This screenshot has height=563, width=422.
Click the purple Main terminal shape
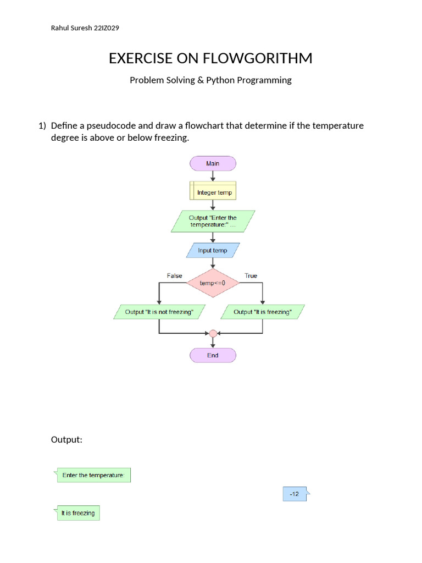[213, 163]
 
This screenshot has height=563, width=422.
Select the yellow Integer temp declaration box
[213, 192]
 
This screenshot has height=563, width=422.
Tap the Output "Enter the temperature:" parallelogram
[213, 221]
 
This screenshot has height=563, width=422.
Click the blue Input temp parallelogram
[213, 251]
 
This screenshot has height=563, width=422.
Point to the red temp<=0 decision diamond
[213, 283]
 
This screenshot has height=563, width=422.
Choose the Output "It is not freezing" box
[159, 312]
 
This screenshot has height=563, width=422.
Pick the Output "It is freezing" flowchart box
[263, 312]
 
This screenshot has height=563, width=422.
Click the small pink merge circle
[213, 333]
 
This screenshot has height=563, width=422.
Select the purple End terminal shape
[213, 355]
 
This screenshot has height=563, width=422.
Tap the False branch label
[174, 275]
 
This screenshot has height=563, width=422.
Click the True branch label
[251, 275]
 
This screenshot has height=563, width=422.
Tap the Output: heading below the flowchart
[66, 439]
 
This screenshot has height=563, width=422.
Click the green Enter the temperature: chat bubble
[93, 475]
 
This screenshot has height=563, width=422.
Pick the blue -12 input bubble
[295, 494]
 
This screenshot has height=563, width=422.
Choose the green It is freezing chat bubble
[77, 513]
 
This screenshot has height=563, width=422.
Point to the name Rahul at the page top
[60, 28]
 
